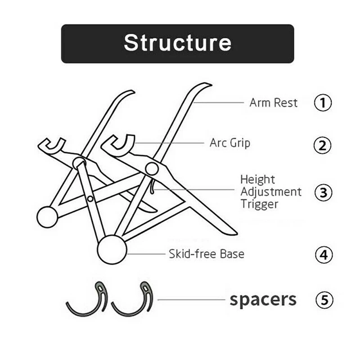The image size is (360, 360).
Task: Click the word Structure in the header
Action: point(177,43)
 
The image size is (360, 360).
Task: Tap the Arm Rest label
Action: point(273,103)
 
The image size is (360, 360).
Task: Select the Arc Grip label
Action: point(230,143)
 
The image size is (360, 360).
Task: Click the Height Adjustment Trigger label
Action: point(270,192)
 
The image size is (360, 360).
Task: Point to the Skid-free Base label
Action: point(207,254)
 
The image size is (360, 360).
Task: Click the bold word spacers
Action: point(263,299)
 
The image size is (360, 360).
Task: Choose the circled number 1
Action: point(323,103)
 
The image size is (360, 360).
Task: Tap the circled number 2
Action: point(323,145)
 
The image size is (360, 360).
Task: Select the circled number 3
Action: point(323,193)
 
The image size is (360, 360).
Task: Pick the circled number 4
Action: point(323,255)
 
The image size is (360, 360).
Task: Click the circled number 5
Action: point(323,300)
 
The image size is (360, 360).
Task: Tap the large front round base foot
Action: point(112,249)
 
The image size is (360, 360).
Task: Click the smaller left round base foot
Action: point(47,217)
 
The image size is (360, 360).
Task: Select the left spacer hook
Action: point(88,300)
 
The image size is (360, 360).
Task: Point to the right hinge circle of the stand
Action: point(152,169)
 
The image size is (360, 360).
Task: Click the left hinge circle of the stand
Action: point(79,162)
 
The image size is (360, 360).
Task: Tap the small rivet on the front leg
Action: point(90,198)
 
